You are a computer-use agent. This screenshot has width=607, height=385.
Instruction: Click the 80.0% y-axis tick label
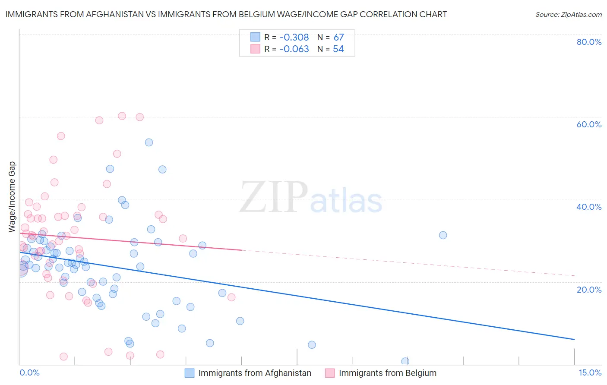tap(589, 42)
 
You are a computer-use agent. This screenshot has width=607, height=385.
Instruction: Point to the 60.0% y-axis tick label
tap(589, 124)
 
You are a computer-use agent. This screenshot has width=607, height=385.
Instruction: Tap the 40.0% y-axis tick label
tap(589, 207)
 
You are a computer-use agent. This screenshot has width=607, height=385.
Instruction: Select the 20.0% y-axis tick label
tap(589, 289)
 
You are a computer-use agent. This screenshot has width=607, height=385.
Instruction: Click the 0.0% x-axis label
tap(30, 372)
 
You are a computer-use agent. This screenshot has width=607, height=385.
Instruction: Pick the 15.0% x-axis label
tap(590, 372)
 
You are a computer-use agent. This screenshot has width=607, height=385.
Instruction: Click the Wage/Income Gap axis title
tap(12, 197)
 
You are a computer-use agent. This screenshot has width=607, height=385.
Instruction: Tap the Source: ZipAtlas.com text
tap(569, 15)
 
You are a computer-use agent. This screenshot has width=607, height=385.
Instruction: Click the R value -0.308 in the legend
tap(294, 38)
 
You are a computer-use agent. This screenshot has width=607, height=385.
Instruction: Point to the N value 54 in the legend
tap(338, 49)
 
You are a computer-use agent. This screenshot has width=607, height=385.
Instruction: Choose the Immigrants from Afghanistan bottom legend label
tap(255, 373)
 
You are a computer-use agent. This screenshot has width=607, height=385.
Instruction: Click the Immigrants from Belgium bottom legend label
tap(387, 373)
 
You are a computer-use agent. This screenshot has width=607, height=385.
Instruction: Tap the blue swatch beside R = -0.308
tap(255, 37)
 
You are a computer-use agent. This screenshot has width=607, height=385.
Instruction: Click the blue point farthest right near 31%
tap(443, 235)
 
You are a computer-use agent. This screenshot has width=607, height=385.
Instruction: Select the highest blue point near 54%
tap(149, 142)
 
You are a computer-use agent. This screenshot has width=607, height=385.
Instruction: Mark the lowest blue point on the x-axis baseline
tap(405, 361)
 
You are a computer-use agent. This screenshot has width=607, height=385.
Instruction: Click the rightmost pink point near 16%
tap(231, 297)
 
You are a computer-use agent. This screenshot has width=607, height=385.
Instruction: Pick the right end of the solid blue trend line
tap(574, 340)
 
